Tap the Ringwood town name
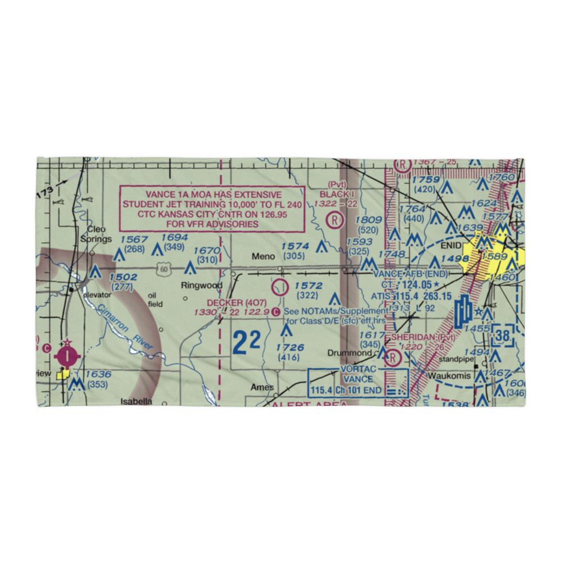(x=201, y=285)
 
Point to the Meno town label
(x=263, y=257)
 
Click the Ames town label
(x=262, y=387)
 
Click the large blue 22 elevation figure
(x=246, y=342)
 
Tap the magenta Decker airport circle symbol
(x=279, y=288)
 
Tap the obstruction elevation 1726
(x=290, y=348)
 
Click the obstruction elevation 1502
(x=123, y=277)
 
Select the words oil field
(x=155, y=300)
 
